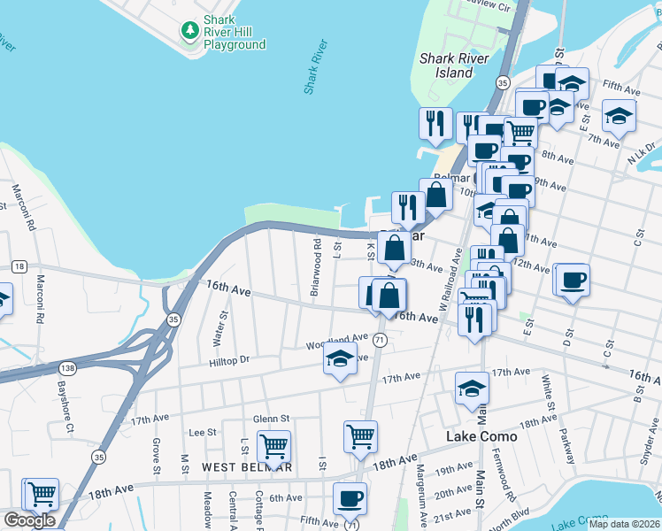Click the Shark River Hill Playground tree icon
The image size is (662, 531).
pyautogui.click(x=189, y=30)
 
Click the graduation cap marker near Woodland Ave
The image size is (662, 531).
pyautogui.click(x=340, y=359)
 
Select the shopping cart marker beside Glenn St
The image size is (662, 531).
pyautogui.click(x=273, y=445)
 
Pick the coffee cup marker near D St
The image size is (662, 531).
pyautogui.click(x=572, y=280)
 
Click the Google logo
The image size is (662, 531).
pyautogui.click(x=29, y=520)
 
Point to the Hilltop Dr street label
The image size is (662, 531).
pyautogui.click(x=229, y=360)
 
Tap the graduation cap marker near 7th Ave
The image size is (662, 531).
pyautogui.click(x=619, y=115)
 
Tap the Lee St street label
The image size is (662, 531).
pyautogui.click(x=204, y=432)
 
